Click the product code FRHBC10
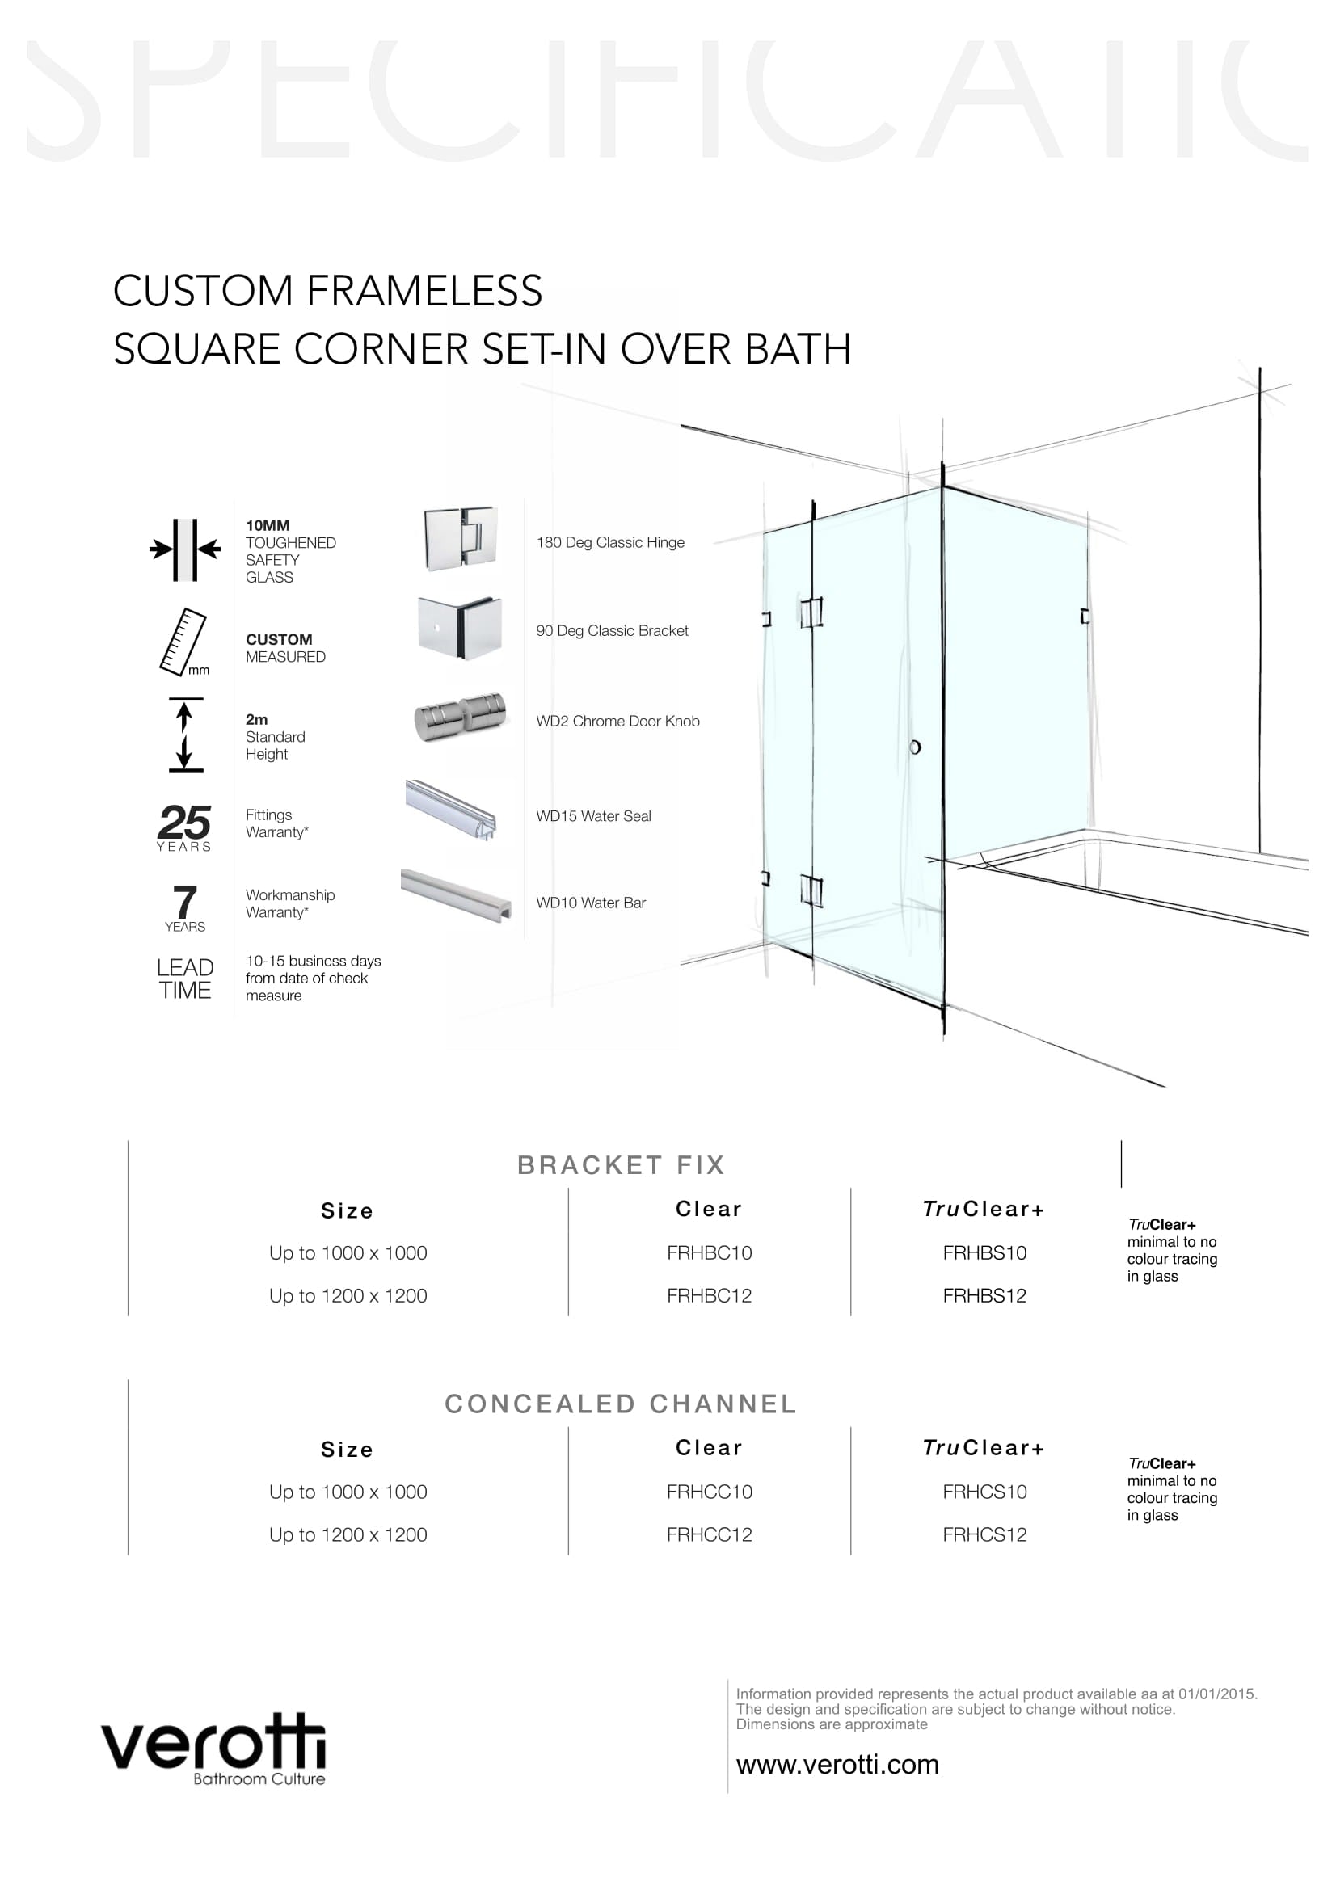pyautogui.click(x=709, y=1253)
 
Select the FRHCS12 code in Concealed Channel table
pyautogui.click(x=984, y=1534)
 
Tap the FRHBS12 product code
pyautogui.click(x=984, y=1295)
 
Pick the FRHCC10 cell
pyautogui.click(x=709, y=1492)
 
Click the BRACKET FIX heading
pyautogui.click(x=621, y=1165)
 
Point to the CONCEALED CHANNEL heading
pyautogui.click(x=621, y=1404)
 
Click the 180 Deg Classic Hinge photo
pyautogui.click(x=460, y=539)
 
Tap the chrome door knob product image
pyautogui.click(x=459, y=716)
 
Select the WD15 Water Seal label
pyautogui.click(x=592, y=816)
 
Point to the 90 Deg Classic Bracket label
pyautogui.click(x=612, y=630)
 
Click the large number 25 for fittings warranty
pyautogui.click(x=184, y=822)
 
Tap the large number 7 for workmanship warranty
pyautogui.click(x=185, y=902)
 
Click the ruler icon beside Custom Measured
pyautogui.click(x=183, y=642)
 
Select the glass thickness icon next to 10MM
pyautogui.click(x=185, y=549)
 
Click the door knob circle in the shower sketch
pyautogui.click(x=915, y=747)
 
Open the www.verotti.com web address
pyautogui.click(x=837, y=1764)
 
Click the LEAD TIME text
pyautogui.click(x=185, y=979)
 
